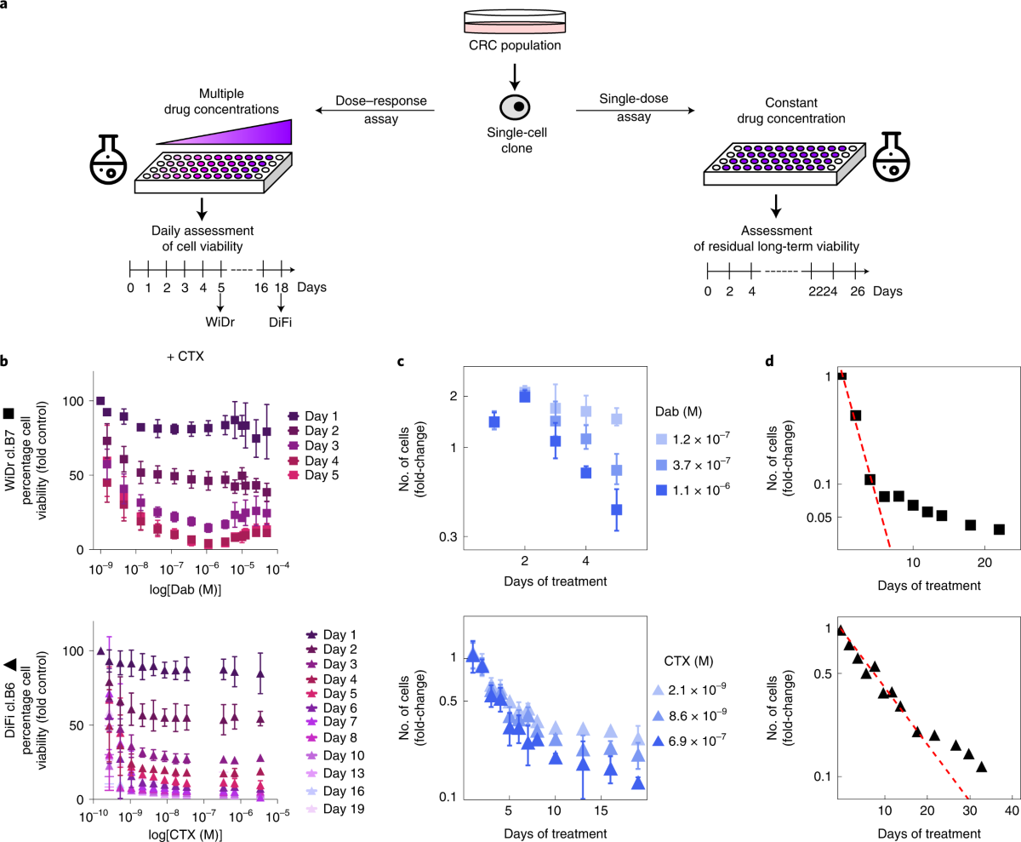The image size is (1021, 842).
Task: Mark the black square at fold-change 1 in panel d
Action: tap(841, 375)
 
